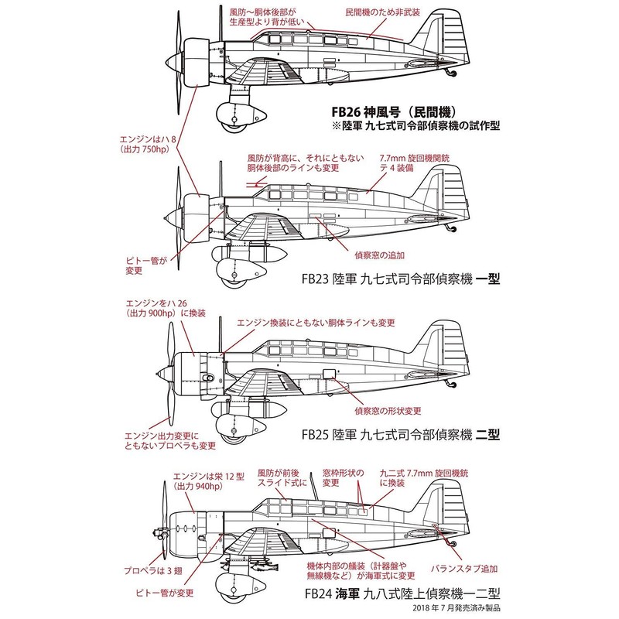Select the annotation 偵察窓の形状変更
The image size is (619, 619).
point(388,409)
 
